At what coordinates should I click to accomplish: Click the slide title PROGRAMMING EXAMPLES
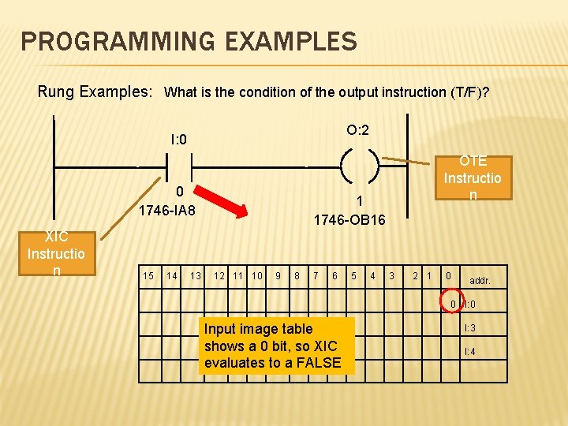tap(189, 40)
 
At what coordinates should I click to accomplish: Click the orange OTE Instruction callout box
tap(473, 178)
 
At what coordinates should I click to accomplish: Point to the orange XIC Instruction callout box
tap(56, 253)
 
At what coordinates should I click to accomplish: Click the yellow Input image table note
tap(272, 346)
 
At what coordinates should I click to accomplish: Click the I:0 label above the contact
tap(178, 140)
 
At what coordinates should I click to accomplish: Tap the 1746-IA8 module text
tap(167, 211)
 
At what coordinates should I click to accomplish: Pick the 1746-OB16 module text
tap(349, 219)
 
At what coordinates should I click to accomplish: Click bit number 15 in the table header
tap(148, 275)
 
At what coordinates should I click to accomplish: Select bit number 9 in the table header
tap(278, 275)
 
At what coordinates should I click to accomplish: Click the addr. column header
tap(480, 280)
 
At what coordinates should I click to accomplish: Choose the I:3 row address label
tap(469, 327)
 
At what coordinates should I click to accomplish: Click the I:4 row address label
tap(469, 351)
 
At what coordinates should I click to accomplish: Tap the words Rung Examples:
tap(95, 92)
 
